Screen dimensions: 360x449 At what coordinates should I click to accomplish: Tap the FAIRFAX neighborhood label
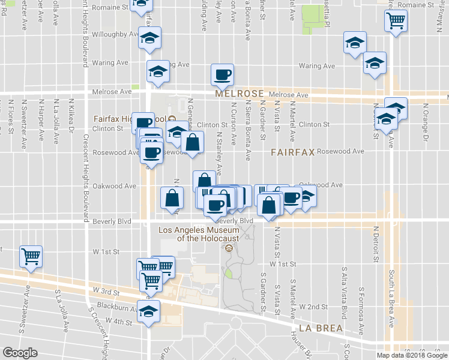(292, 152)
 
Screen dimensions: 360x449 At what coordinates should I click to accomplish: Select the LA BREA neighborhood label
(320, 328)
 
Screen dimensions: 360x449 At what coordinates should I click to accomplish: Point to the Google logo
(20, 353)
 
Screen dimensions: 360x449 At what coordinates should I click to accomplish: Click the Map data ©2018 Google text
(411, 355)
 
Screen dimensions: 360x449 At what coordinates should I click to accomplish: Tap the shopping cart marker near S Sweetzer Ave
(31, 256)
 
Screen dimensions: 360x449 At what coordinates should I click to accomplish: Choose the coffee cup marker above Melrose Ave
(223, 74)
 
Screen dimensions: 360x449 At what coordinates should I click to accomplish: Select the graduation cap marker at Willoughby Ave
(149, 39)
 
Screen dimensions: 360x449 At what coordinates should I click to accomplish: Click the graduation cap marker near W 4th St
(148, 311)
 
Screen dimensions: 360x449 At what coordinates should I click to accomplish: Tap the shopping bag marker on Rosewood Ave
(191, 143)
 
